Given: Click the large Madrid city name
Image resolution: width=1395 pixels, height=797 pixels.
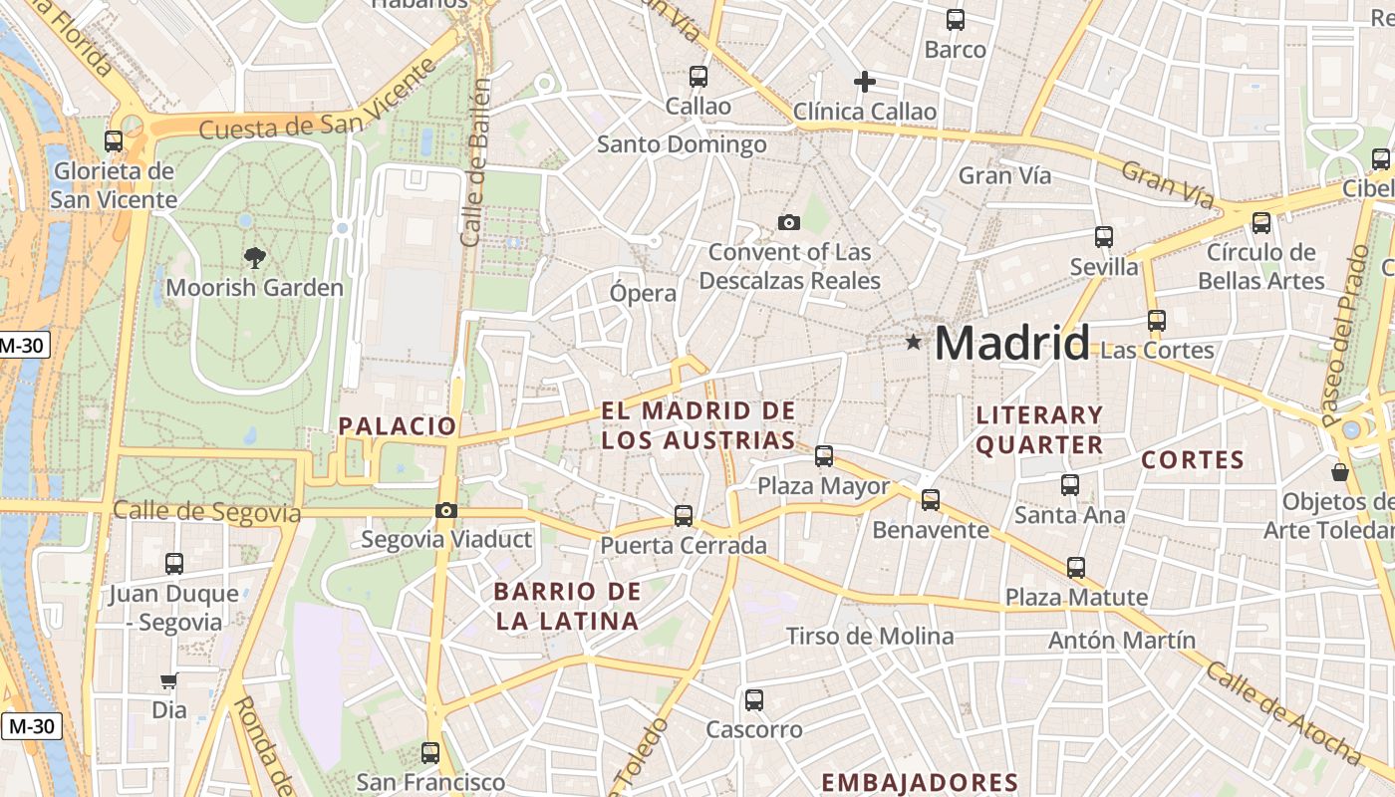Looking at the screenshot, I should point(1011,344).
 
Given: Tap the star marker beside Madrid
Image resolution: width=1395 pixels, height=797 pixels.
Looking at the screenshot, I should point(913,343).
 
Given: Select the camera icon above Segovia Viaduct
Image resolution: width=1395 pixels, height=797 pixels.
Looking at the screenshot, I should point(446,511).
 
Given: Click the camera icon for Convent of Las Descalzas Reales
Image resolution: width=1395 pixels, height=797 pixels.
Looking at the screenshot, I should point(789,222).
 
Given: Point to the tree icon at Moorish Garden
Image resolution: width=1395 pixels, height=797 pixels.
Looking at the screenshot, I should point(255,258).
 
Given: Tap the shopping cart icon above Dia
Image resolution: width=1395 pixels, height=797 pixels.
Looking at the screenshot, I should point(169,681).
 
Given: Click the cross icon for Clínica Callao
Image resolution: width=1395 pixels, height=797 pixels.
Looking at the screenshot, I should point(865,82).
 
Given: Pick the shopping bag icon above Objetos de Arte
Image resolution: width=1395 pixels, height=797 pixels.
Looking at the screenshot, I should point(1340,471).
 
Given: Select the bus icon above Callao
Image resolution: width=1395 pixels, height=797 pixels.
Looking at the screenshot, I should point(698,76).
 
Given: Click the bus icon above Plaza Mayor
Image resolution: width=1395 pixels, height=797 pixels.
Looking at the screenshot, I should point(824,456).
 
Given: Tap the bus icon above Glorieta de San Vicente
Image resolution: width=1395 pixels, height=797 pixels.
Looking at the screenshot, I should point(114,141).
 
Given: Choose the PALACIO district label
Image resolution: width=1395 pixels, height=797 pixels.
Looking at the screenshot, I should point(397,426).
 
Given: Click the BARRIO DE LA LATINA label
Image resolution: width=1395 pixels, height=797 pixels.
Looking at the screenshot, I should point(567,606).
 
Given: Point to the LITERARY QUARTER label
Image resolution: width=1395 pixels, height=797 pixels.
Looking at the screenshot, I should point(1039,429).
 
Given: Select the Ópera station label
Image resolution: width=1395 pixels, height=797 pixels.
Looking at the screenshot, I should point(643,294).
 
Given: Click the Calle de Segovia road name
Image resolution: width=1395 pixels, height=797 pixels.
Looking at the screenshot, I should point(206,512).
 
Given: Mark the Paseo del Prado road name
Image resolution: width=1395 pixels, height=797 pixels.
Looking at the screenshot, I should point(1348,337).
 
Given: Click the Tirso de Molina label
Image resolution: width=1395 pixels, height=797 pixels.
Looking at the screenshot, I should point(870,636).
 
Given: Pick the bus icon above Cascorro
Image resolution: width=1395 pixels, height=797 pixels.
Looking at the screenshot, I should point(754,700).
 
